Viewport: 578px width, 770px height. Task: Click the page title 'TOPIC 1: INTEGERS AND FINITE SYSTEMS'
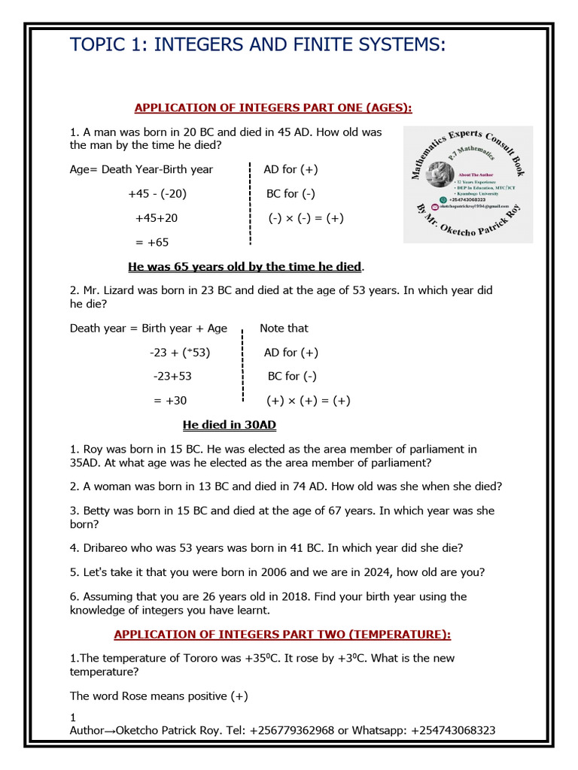257,44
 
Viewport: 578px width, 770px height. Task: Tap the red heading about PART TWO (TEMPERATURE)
282,635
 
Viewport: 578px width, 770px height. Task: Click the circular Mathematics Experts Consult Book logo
468,184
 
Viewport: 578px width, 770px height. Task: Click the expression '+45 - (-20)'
157,194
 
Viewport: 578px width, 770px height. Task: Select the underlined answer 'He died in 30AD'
230,426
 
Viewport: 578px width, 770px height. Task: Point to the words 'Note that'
284,329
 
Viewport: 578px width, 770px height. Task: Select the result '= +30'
170,401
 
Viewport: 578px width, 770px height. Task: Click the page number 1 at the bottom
73,717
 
